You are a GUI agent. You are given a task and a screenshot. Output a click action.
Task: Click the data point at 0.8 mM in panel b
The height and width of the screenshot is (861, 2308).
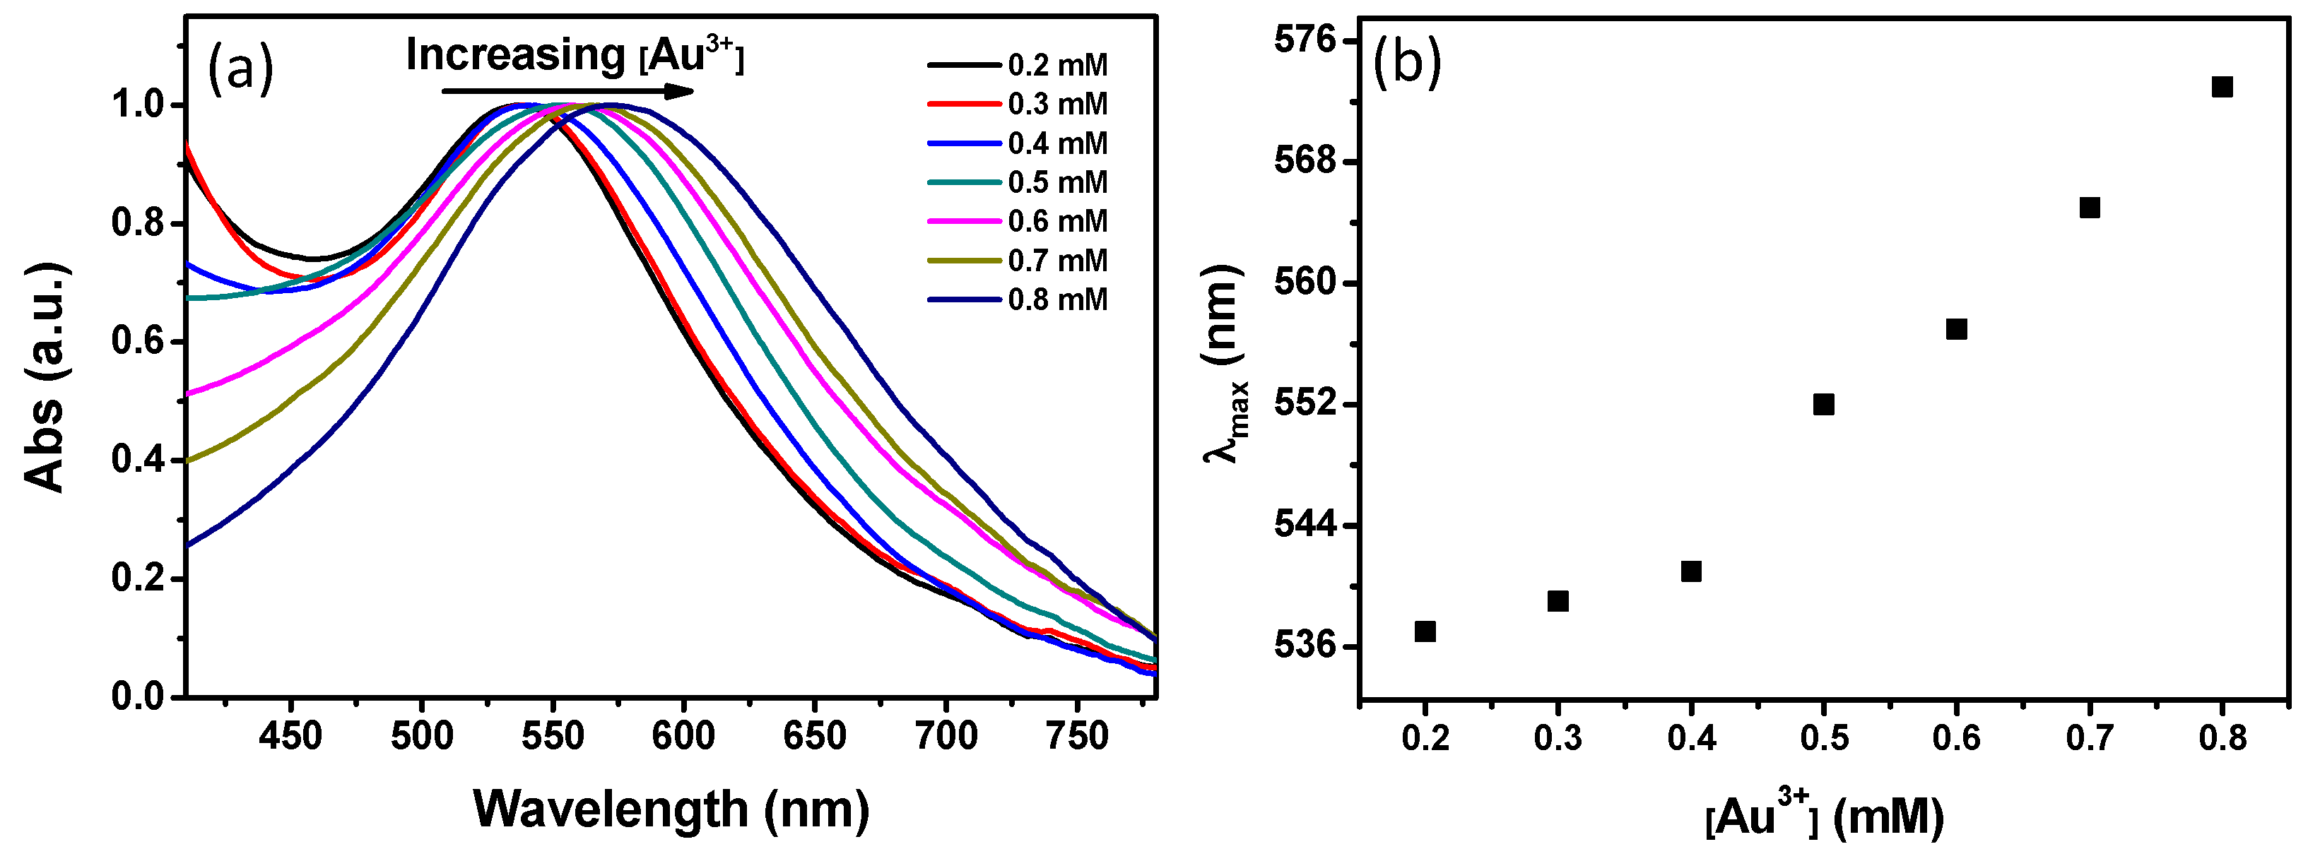2222,87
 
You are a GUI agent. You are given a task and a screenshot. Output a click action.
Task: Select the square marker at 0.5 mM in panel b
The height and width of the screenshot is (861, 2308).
1823,404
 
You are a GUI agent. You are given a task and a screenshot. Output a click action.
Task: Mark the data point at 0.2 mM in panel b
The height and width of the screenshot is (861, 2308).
1425,631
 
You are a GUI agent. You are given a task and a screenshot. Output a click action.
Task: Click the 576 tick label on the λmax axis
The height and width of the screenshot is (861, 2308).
1304,40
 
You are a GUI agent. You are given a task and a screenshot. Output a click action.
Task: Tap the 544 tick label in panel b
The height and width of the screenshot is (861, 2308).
1304,525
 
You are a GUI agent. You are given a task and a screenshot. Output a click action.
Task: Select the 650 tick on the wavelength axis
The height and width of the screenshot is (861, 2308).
813,737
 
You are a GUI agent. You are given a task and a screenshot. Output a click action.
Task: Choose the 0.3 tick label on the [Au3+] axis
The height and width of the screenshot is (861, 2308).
1558,738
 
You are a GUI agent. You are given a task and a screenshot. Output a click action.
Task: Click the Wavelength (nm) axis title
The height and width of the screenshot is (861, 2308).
671,809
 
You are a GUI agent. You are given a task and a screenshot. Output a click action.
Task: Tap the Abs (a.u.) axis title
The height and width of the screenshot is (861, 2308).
45,377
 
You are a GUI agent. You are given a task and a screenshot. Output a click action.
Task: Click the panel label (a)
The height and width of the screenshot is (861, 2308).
240,70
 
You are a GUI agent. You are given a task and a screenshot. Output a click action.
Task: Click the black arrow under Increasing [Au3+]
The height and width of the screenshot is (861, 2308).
568,91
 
